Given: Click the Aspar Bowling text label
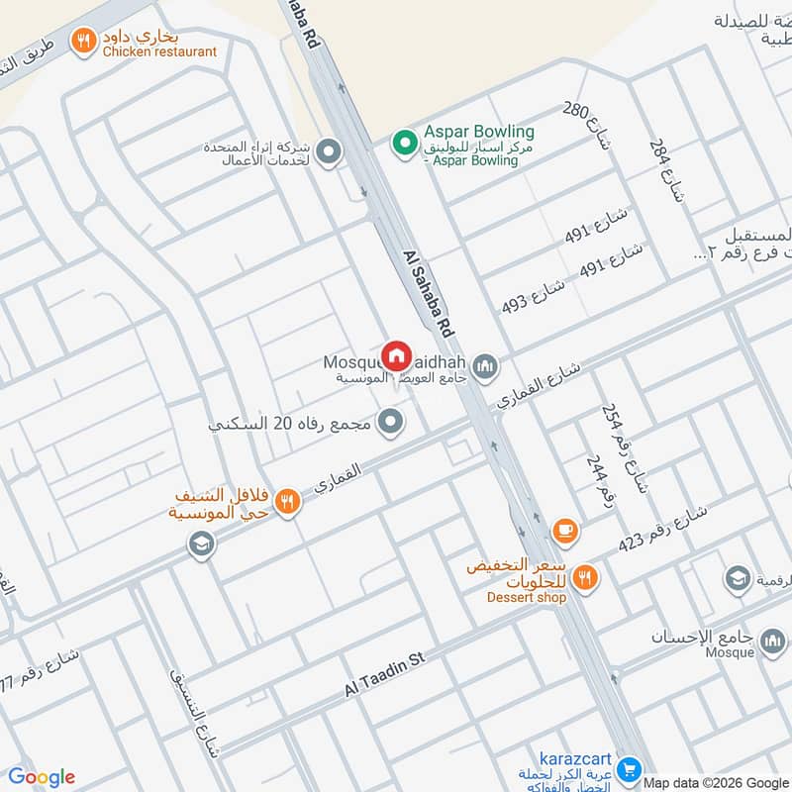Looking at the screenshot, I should [479, 132].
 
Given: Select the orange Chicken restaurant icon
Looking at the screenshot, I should [82, 41].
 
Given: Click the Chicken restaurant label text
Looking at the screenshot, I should [159, 51].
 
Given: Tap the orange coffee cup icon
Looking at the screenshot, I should [565, 532].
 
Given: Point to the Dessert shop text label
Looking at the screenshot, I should [526, 597].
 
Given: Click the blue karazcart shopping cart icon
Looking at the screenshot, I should [627, 768].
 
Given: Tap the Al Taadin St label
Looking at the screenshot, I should [384, 674].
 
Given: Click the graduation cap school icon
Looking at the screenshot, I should [201, 544].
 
